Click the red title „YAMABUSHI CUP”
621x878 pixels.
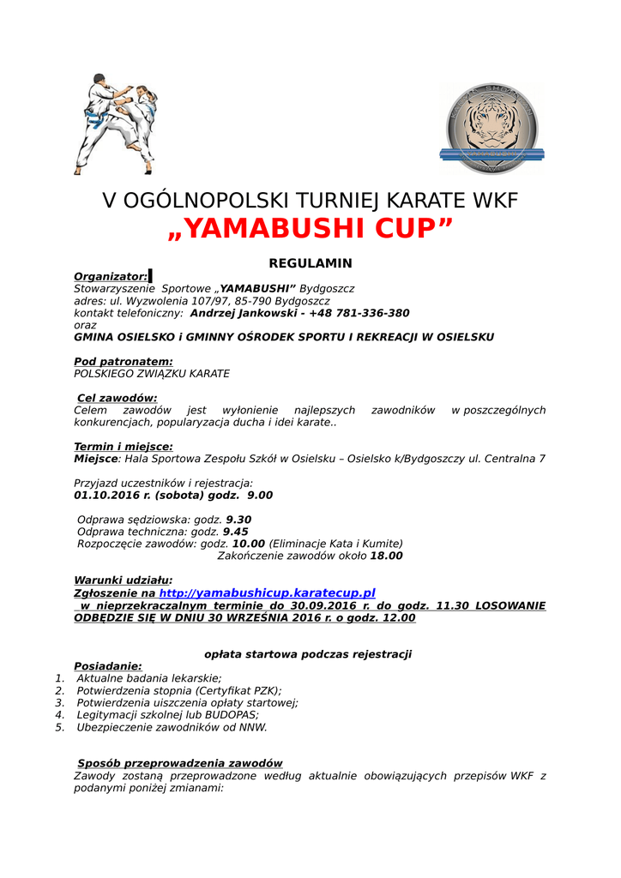(x=310, y=229)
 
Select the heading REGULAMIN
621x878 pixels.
(x=310, y=263)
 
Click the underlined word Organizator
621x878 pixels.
(x=111, y=276)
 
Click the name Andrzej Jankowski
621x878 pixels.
(x=244, y=313)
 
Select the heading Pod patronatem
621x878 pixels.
(x=124, y=362)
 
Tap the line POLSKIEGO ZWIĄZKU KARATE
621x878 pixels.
(x=152, y=374)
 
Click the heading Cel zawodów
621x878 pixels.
(x=117, y=398)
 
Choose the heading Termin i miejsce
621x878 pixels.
(x=124, y=447)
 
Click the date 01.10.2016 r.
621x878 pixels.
(x=112, y=495)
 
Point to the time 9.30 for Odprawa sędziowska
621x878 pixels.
(x=238, y=520)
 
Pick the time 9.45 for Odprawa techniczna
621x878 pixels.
(x=235, y=532)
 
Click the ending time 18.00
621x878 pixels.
(x=386, y=556)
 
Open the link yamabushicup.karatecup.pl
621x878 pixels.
(x=268, y=592)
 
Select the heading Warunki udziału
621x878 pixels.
(x=123, y=580)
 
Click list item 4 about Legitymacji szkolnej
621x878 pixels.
(x=167, y=714)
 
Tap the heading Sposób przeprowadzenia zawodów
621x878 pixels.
(x=179, y=763)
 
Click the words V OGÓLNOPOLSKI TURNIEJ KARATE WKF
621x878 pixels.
(x=310, y=201)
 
